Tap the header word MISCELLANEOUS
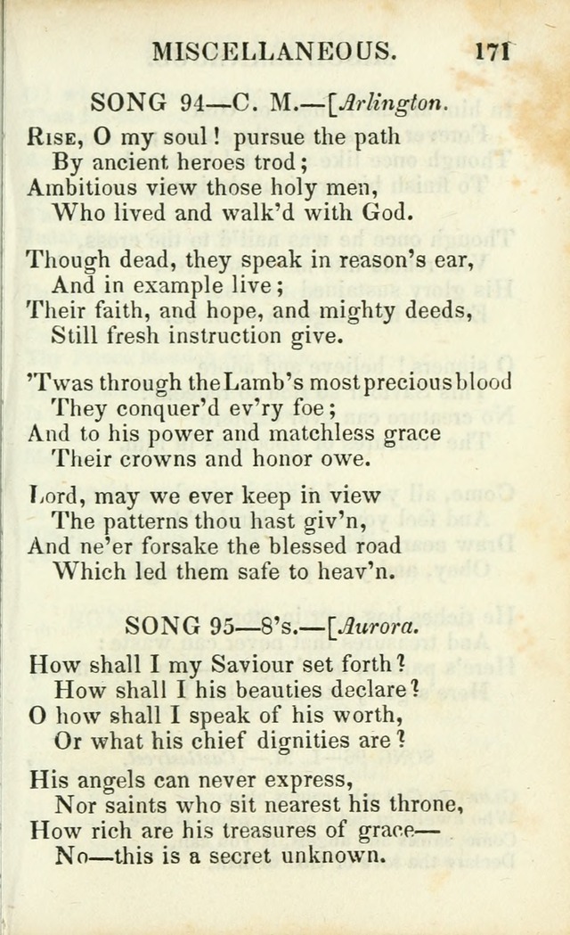274,51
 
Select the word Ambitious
82,188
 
